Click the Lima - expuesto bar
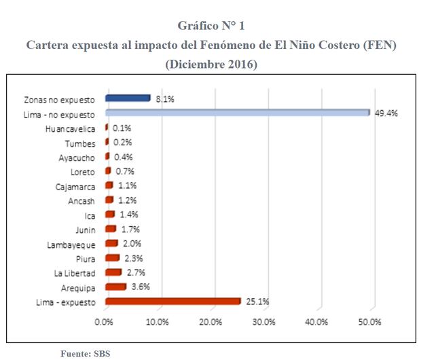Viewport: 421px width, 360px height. [173, 302]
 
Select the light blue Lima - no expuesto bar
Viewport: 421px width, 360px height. [237, 113]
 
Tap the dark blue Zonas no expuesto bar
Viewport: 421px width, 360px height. [128, 98]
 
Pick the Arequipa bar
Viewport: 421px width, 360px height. [115, 287]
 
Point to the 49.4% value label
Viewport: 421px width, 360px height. [386, 113]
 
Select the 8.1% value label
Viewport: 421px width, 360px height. [165, 99]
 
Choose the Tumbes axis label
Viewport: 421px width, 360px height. [80, 143]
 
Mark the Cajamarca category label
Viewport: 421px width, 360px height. [75, 186]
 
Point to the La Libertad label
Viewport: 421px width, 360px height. [75, 273]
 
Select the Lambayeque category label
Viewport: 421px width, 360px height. [71, 245]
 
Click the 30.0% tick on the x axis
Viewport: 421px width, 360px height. [264, 321]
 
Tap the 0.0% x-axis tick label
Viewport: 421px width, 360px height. [105, 321]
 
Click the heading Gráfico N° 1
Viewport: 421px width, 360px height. [210, 26]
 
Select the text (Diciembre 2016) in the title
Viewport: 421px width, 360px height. [210, 65]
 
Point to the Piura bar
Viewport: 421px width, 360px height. [112, 258]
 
